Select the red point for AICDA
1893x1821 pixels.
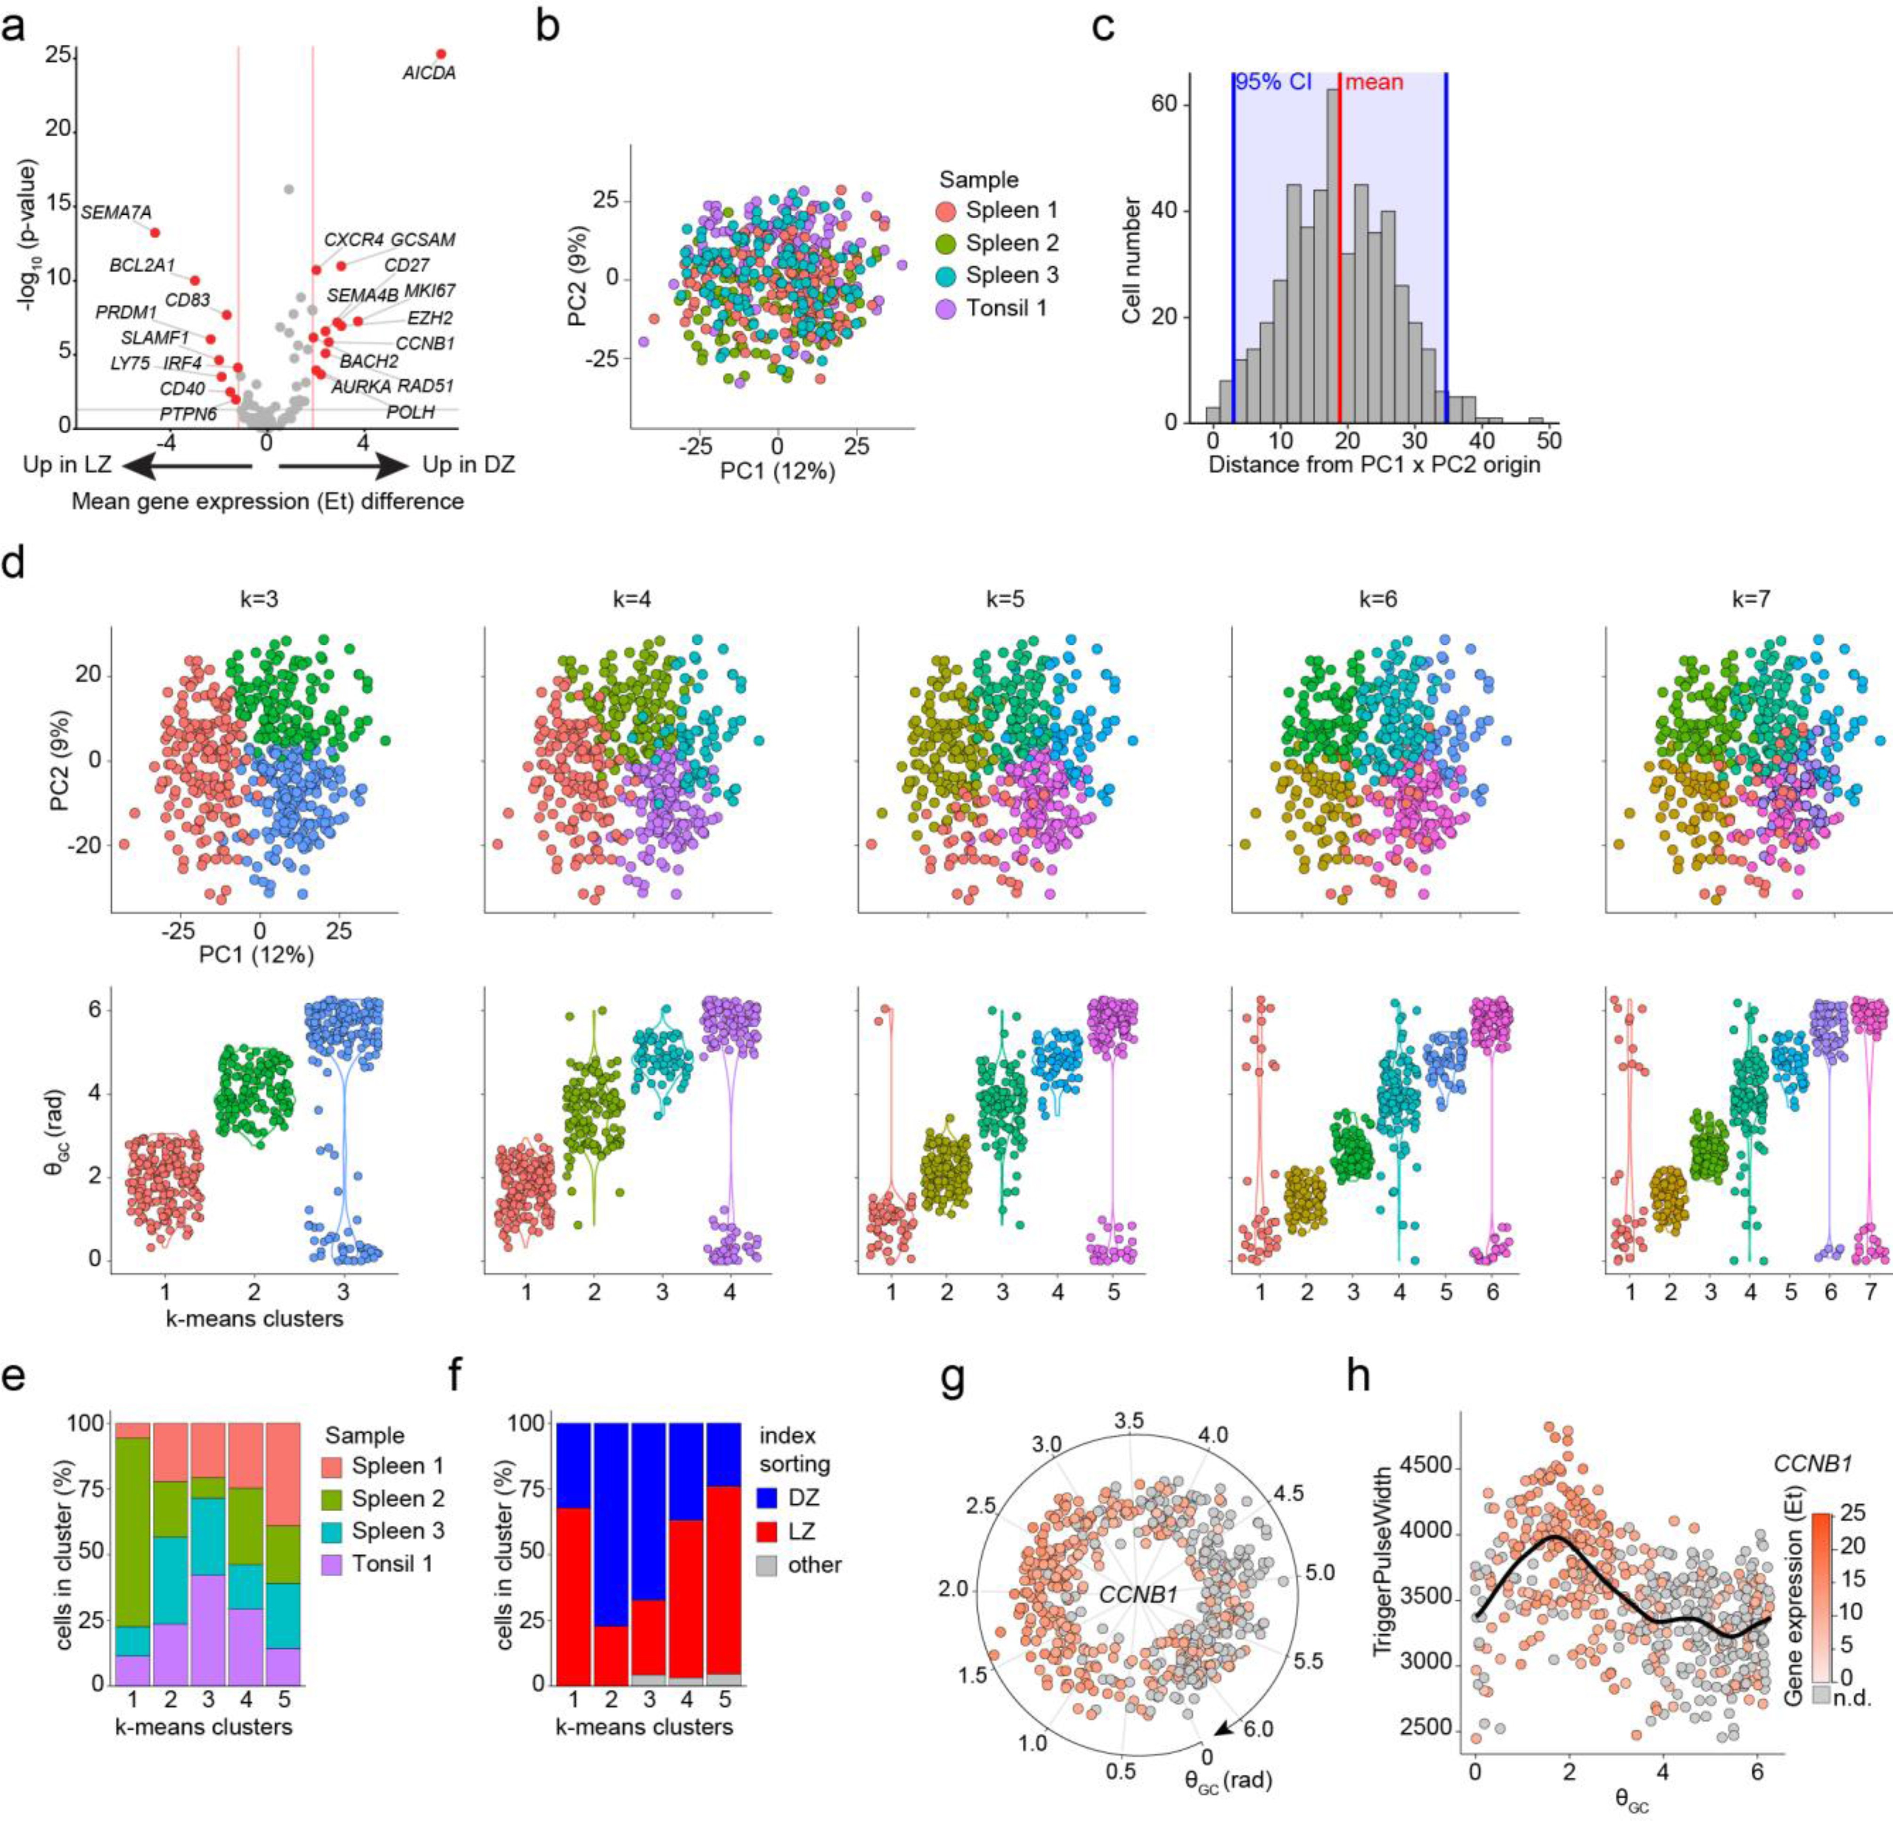[x=441, y=54]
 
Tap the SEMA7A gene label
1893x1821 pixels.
[x=116, y=212]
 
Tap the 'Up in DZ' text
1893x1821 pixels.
[x=468, y=465]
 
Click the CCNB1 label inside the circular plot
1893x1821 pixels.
[x=1138, y=1595]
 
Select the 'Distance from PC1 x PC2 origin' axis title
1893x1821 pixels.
[x=1373, y=465]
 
